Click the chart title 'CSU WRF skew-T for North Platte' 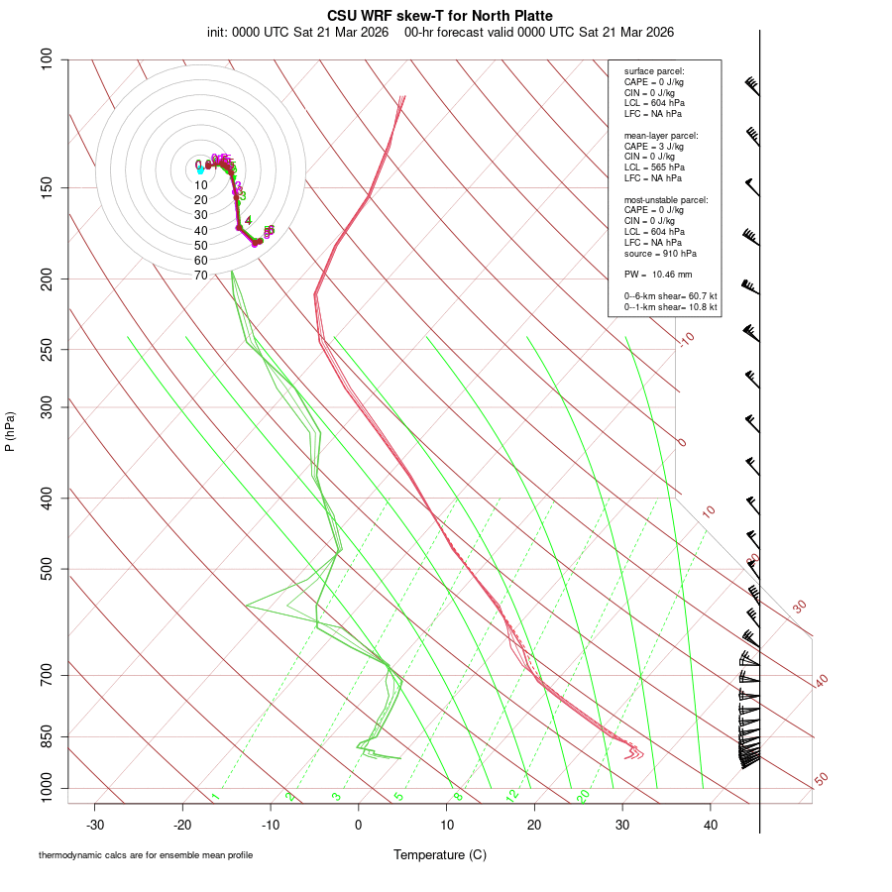[440, 16]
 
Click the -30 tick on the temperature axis [95, 825]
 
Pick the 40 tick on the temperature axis [710, 825]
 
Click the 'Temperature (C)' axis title [440, 854]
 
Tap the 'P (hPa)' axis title [10, 432]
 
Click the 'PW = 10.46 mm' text [658, 274]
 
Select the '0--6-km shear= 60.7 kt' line [670, 296]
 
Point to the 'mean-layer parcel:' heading [661, 136]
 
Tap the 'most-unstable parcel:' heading [666, 200]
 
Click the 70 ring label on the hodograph [201, 276]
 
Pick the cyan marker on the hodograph [200, 170]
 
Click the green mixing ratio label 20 [584, 796]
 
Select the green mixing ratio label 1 [215, 797]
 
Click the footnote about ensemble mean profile [146, 855]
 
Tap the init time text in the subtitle [298, 32]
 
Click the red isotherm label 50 [821, 780]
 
